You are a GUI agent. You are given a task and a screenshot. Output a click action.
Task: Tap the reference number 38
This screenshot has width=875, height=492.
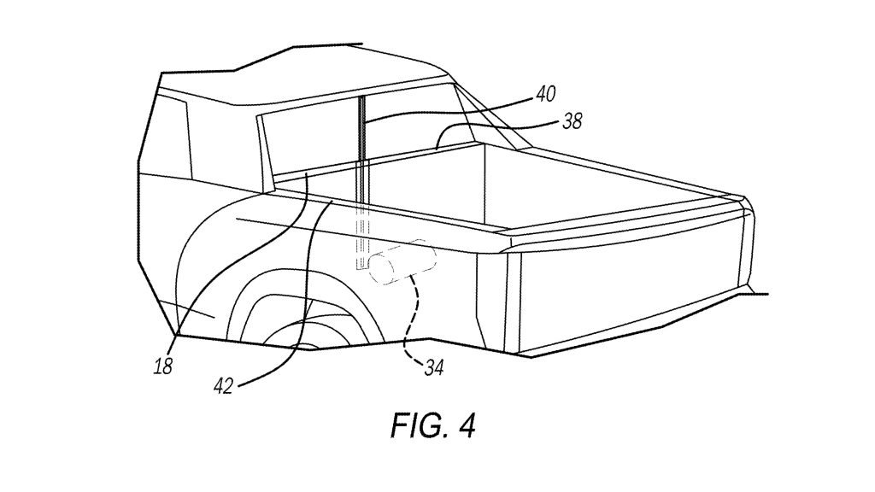tap(573, 122)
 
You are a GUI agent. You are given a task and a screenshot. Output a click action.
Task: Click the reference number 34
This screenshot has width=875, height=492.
tap(434, 368)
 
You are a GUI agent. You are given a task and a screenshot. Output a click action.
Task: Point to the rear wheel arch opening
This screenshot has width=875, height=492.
tap(282, 316)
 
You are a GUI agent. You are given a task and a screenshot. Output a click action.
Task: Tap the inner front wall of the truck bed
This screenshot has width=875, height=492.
tap(419, 188)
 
